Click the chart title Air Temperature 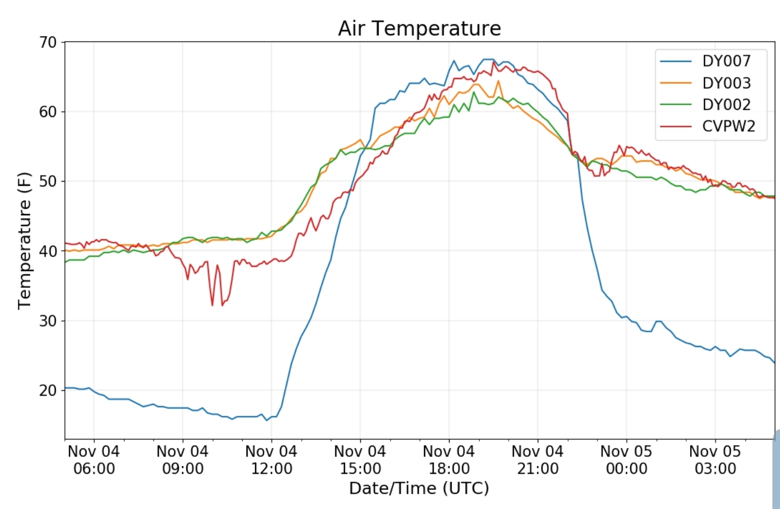click(419, 28)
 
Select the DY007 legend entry click(726, 61)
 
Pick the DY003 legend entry click(726, 83)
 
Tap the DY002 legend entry click(726, 105)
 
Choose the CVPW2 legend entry click(728, 126)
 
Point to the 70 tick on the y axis click(48, 42)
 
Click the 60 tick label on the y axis click(48, 112)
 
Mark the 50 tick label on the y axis click(48, 182)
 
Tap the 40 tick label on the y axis click(48, 251)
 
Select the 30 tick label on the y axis click(48, 321)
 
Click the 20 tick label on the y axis click(48, 390)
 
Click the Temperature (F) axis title click(24, 241)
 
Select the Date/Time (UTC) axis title click(419, 488)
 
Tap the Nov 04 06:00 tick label click(94, 460)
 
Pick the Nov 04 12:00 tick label click(271, 460)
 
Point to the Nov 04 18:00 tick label click(448, 460)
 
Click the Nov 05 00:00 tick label click(626, 460)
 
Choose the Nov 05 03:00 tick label click(715, 460)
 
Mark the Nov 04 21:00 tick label click(537, 460)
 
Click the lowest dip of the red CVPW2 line click(212, 306)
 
